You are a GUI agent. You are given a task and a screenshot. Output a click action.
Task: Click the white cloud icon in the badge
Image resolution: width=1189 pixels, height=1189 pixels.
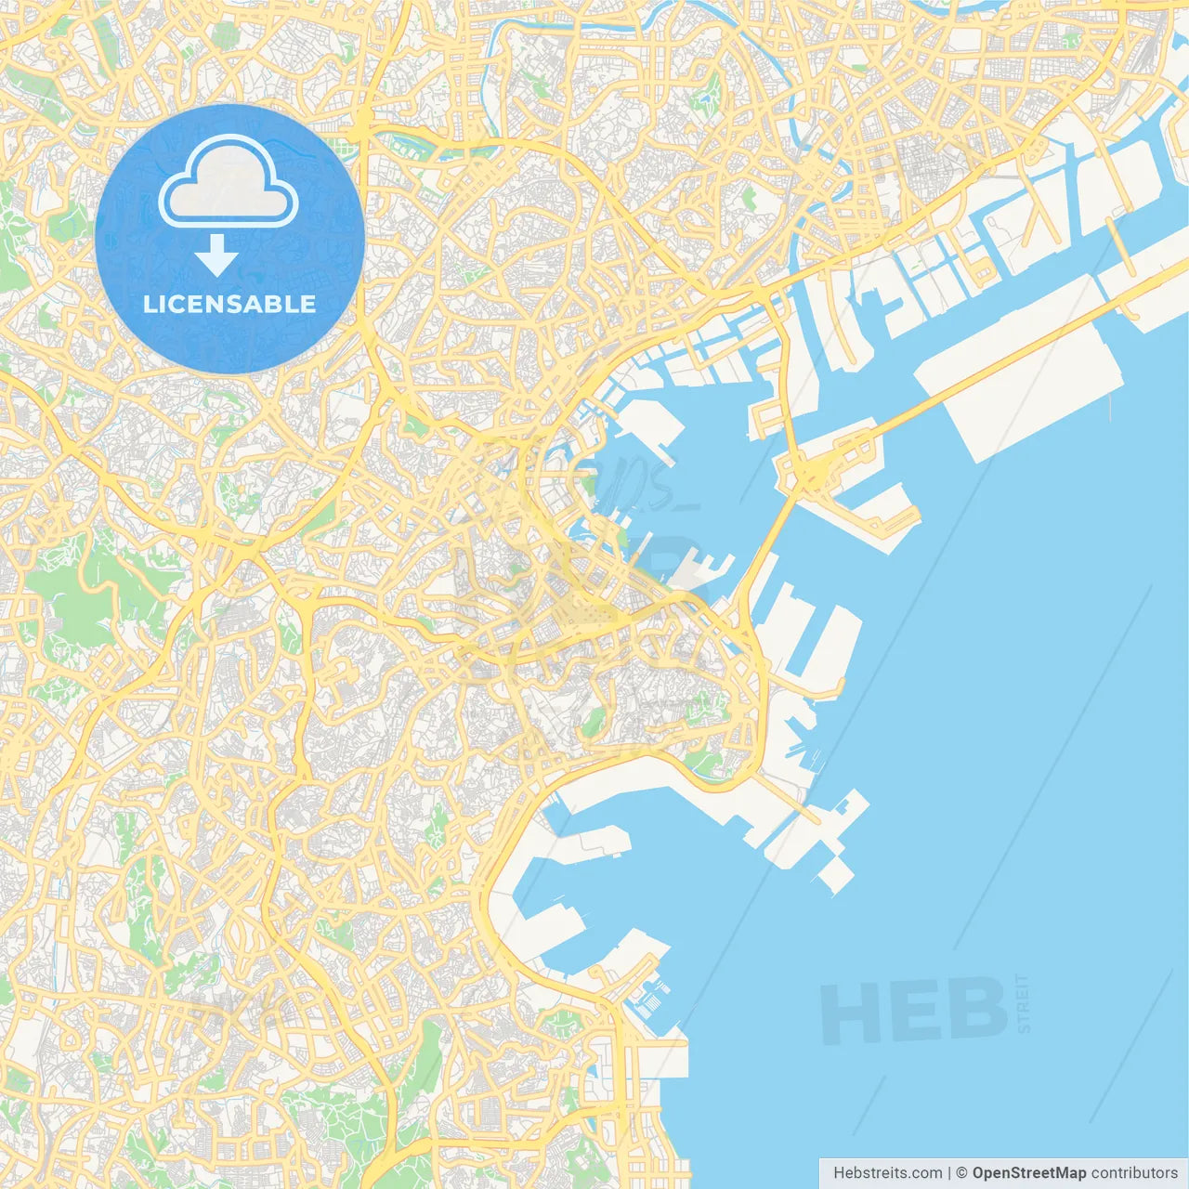coord(229,183)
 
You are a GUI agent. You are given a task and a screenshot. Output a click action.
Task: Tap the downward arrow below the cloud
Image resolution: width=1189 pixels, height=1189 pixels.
coord(216,255)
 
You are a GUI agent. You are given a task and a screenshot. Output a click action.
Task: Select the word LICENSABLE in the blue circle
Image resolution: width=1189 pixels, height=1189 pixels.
coord(229,304)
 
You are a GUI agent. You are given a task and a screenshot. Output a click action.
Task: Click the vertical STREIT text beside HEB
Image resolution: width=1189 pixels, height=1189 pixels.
coord(1023,1004)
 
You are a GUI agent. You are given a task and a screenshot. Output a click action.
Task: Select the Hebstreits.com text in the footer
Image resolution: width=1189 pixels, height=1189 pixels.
coord(887,1173)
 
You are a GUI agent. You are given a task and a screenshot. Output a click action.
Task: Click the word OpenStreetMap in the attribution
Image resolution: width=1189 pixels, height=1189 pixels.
coord(1029,1173)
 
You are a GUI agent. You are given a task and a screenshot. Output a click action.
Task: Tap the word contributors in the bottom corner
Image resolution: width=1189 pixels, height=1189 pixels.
coord(1134,1173)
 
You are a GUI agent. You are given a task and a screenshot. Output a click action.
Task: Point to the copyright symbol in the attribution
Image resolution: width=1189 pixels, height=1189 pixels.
coord(961,1173)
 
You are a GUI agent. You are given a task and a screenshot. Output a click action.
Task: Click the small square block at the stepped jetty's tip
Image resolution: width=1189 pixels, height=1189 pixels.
coord(835,874)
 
